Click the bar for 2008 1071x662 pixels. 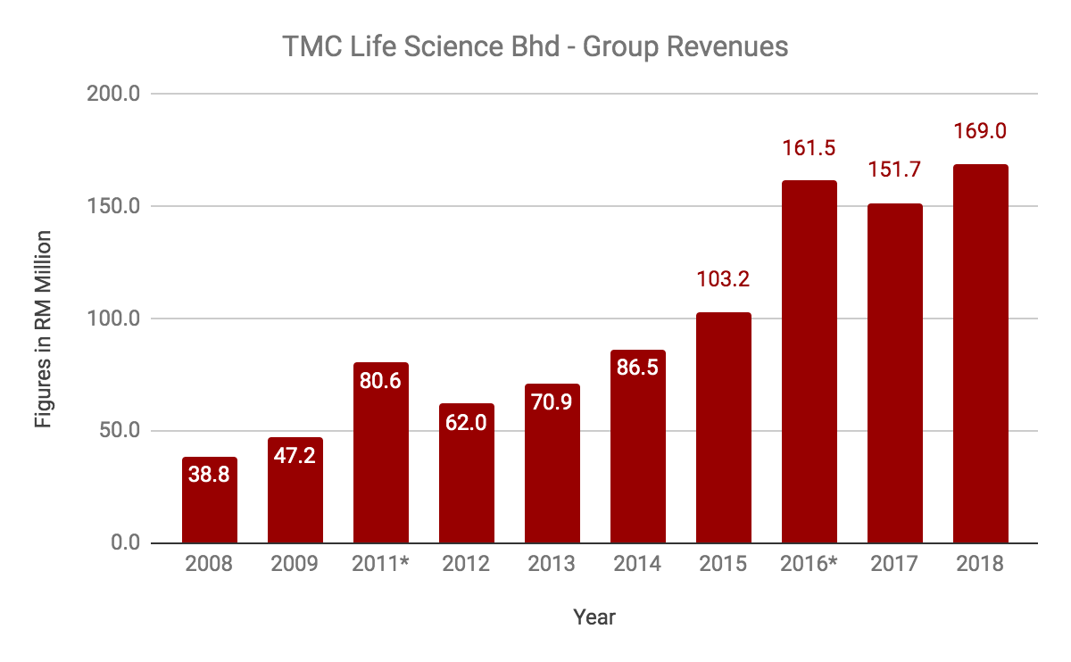[210, 501]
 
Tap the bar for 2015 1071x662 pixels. [724, 428]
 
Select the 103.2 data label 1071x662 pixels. [723, 279]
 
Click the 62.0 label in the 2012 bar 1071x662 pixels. [466, 422]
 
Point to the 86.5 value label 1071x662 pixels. [637, 367]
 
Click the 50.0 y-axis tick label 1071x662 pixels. [121, 431]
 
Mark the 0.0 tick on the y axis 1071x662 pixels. [126, 543]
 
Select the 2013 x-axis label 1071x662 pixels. [552, 565]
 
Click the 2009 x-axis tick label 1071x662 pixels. [295, 565]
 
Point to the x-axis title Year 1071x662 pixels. [594, 616]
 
